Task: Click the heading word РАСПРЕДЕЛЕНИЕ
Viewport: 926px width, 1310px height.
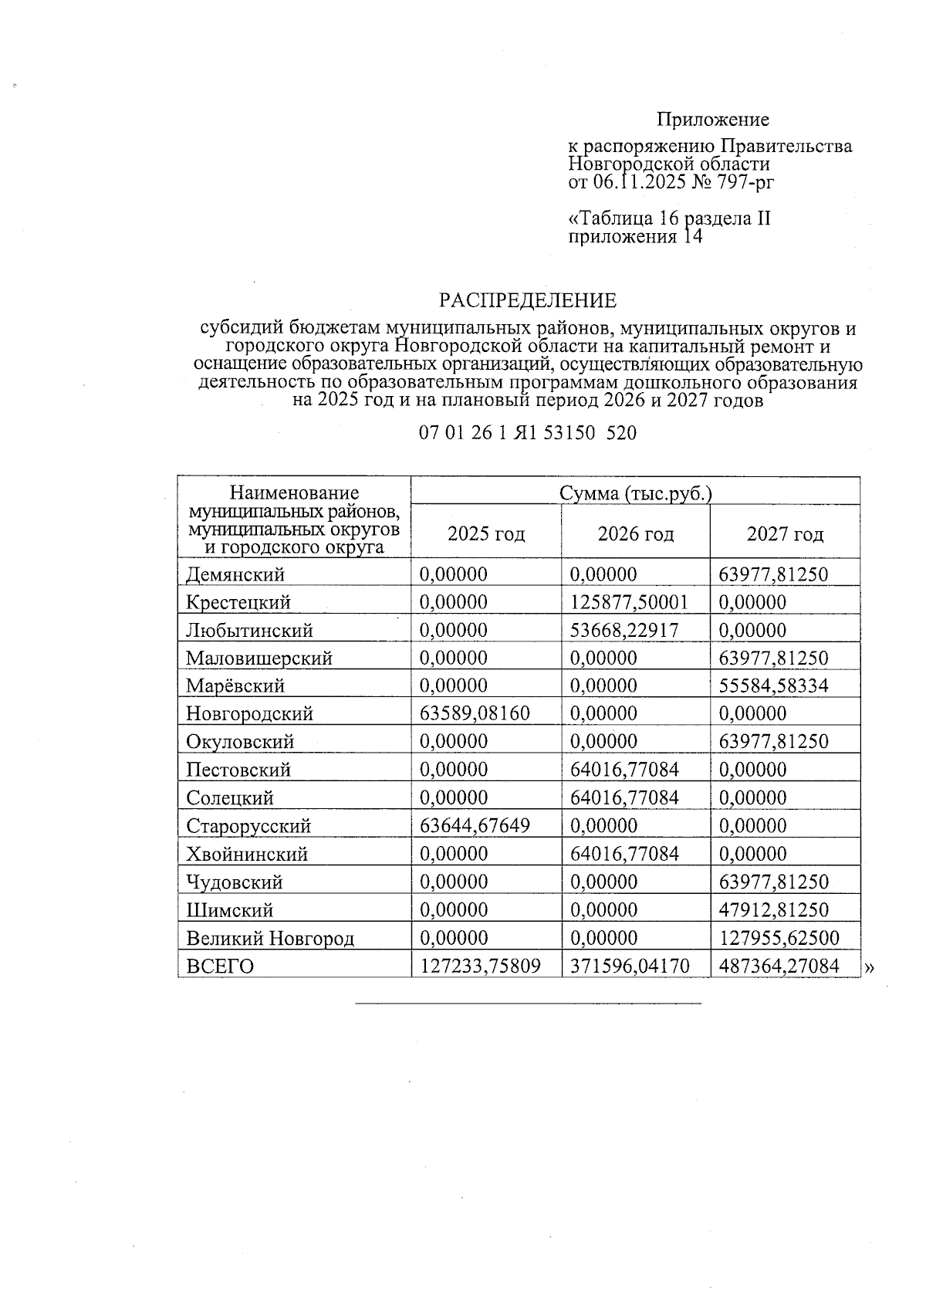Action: pyautogui.click(x=528, y=300)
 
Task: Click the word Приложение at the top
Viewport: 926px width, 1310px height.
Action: pyautogui.click(x=712, y=120)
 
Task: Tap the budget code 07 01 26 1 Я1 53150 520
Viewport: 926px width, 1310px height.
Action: pyautogui.click(x=528, y=433)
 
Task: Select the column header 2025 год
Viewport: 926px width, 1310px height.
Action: pyautogui.click(x=486, y=533)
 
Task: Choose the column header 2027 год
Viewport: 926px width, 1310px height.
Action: pyautogui.click(x=785, y=533)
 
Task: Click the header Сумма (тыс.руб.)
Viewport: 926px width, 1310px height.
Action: pyautogui.click(x=635, y=493)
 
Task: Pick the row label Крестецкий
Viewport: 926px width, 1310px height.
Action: pyautogui.click(x=238, y=602)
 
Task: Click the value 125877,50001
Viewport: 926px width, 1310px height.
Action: pyautogui.click(x=628, y=602)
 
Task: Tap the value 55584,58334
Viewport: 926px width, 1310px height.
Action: pyautogui.click(x=773, y=685)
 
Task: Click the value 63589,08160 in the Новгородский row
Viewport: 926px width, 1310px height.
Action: pyautogui.click(x=475, y=713)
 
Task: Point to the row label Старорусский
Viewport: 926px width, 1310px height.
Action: pyautogui.click(x=248, y=826)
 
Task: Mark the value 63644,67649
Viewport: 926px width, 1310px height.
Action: pyautogui.click(x=475, y=825)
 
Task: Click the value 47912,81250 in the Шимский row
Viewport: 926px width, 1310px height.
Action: pyautogui.click(x=773, y=909)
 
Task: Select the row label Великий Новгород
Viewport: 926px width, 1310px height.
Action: pyautogui.click(x=270, y=938)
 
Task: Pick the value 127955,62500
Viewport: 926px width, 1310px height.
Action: pyautogui.click(x=779, y=938)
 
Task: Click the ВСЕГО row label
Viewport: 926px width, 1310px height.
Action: pyautogui.click(x=220, y=966)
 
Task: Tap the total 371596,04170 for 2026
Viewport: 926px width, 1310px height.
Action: pyautogui.click(x=629, y=966)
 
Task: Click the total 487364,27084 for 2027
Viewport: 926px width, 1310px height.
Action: pyautogui.click(x=779, y=966)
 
